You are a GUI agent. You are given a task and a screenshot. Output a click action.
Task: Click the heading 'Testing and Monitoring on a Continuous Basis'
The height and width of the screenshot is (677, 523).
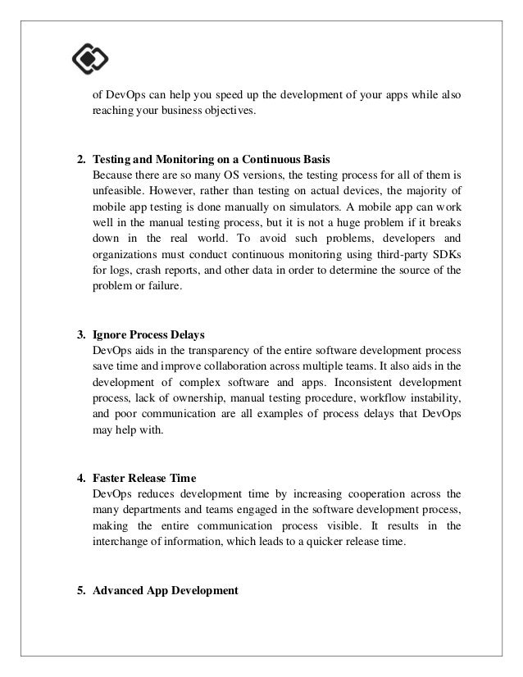(x=215, y=158)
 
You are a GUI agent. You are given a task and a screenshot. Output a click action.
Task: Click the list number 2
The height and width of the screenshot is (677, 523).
(x=80, y=158)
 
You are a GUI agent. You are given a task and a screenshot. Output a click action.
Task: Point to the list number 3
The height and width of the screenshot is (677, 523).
(x=80, y=336)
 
